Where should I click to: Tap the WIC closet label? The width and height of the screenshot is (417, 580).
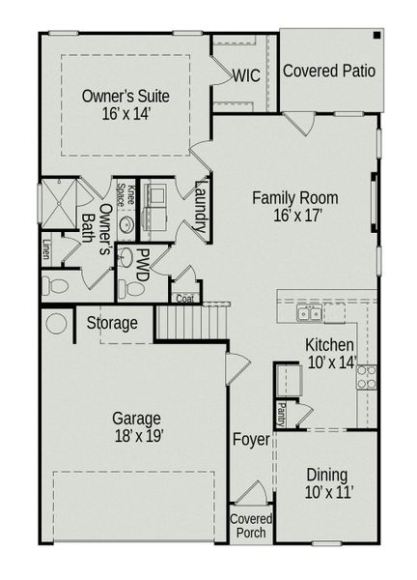[244, 75]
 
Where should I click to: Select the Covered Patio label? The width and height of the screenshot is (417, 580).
[328, 71]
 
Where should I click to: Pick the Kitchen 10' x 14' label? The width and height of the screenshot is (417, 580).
[330, 354]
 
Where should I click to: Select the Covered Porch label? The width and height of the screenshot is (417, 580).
[251, 526]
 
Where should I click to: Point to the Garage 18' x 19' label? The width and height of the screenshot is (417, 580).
[137, 426]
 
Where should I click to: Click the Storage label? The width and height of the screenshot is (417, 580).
[112, 323]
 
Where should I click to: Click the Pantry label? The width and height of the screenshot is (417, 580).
[281, 414]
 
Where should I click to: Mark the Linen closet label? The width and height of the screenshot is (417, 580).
[45, 250]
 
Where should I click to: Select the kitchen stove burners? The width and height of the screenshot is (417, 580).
[366, 378]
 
